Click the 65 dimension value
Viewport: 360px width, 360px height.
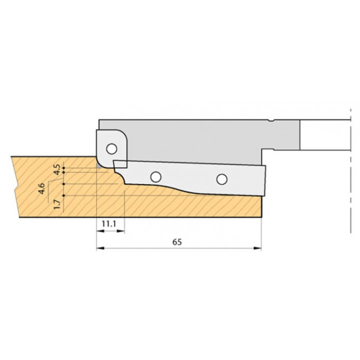177,242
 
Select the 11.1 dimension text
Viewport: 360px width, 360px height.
109,223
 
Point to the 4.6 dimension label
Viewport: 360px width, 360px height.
42,188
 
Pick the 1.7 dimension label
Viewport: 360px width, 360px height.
57,204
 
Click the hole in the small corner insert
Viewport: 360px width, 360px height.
112,149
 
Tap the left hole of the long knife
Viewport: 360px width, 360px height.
155,177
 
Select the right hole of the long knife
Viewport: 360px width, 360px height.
222,179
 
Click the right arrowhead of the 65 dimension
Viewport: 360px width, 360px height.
257,248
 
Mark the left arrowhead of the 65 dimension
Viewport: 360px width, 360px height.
100,248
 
